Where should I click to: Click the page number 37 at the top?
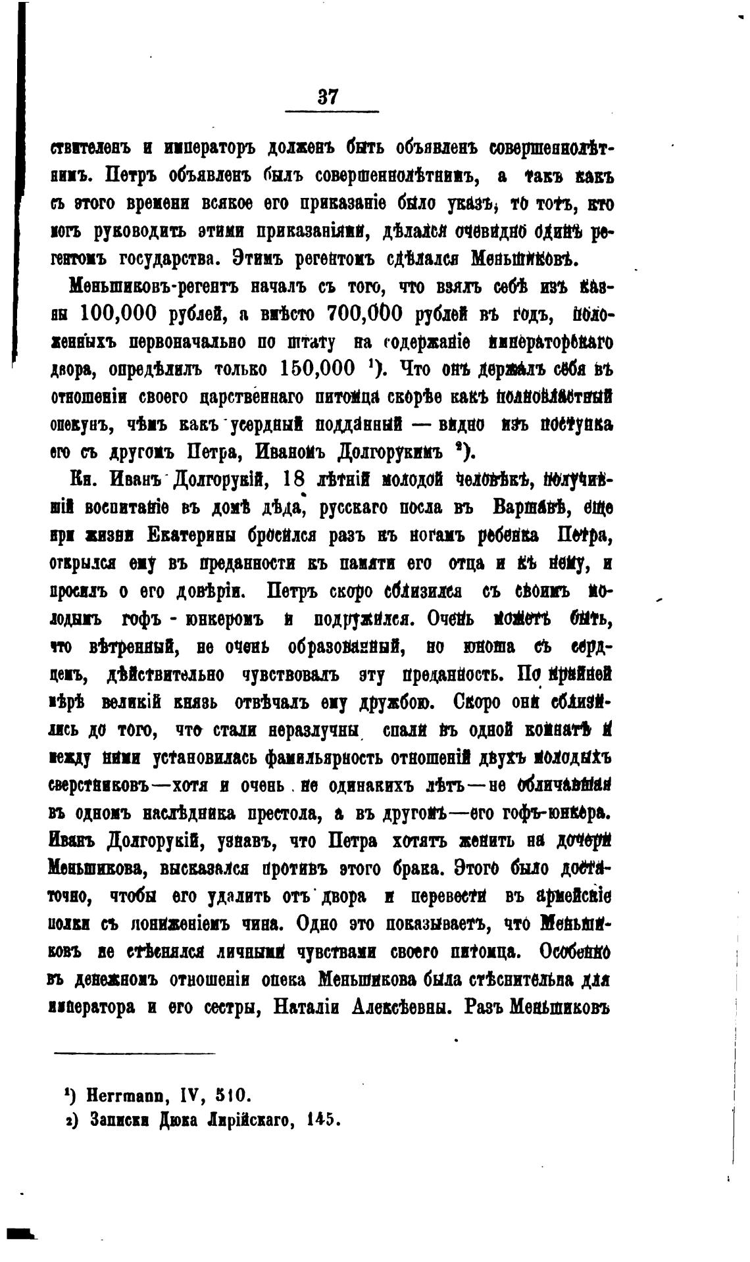328,97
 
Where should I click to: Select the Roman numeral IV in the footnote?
187,1096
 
